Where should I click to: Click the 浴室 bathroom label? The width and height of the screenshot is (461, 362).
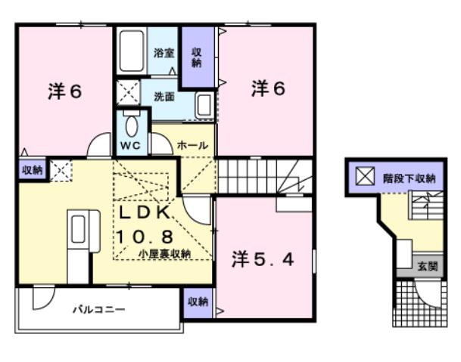(x=163, y=53)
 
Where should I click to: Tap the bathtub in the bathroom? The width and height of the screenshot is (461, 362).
(x=131, y=50)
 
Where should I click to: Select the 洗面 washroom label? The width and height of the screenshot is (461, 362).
(x=164, y=97)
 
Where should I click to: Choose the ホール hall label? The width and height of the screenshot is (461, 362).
(x=193, y=144)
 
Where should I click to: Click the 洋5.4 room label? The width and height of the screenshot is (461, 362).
(x=262, y=259)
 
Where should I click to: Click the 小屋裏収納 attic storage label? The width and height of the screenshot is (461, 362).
(x=164, y=254)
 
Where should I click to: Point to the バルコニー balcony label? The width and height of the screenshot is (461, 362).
(x=98, y=309)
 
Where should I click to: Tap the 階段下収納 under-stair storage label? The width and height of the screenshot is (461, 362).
(x=409, y=179)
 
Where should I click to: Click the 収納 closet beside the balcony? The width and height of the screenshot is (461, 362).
(x=198, y=302)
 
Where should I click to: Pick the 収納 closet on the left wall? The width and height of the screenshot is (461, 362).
(x=32, y=170)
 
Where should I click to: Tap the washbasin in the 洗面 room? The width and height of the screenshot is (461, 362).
(x=204, y=105)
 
